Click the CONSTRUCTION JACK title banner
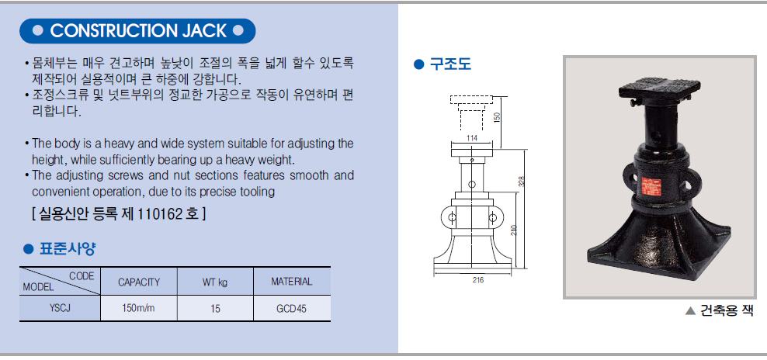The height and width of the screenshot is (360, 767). tap(137, 31)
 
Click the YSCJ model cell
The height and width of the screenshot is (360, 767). tap(61, 309)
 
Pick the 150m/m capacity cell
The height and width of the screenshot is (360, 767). tap(139, 309)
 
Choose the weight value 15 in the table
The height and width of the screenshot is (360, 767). tap(215, 309)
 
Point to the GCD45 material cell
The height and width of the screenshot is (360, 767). tap(292, 309)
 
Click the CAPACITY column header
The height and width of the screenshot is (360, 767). tap(139, 282)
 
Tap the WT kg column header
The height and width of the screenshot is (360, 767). tap(215, 282)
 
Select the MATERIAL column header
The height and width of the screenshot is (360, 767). tap(292, 281)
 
